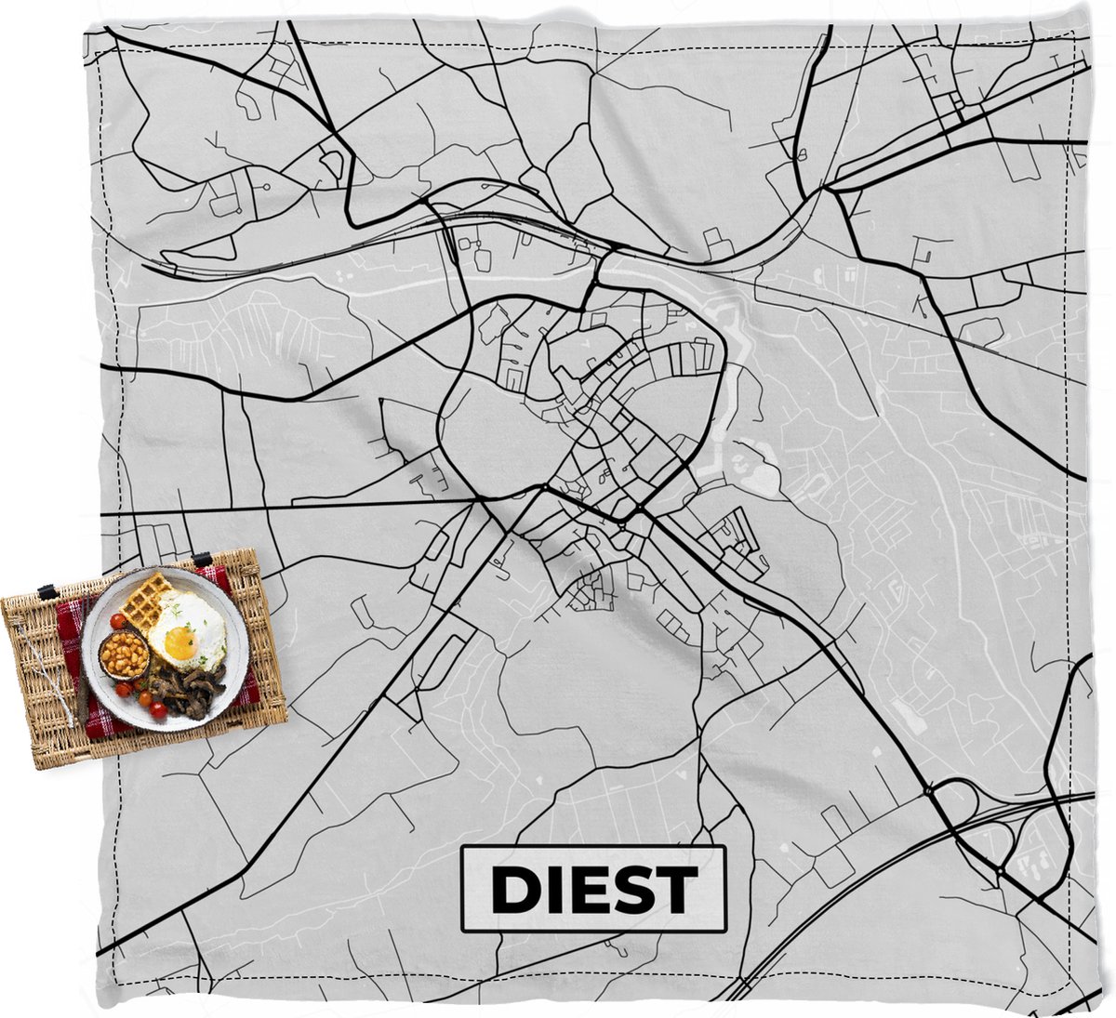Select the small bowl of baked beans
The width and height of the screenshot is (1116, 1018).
pyautogui.click(x=125, y=656)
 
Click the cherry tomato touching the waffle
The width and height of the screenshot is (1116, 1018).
pyautogui.click(x=118, y=621)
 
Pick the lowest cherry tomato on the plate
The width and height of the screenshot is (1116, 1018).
pyautogui.click(x=158, y=710)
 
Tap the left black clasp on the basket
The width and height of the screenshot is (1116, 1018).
pyautogui.click(x=44, y=591)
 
